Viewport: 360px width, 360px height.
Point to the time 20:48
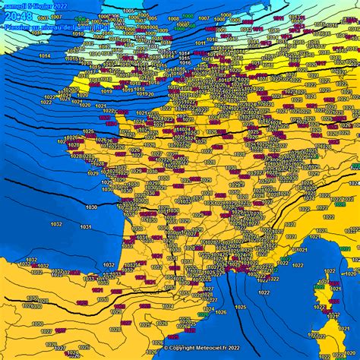coord(17,17)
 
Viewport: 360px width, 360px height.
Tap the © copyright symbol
coord(166,348)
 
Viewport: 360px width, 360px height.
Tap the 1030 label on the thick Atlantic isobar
coord(90,207)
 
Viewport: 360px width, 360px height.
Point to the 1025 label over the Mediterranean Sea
coord(241,306)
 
